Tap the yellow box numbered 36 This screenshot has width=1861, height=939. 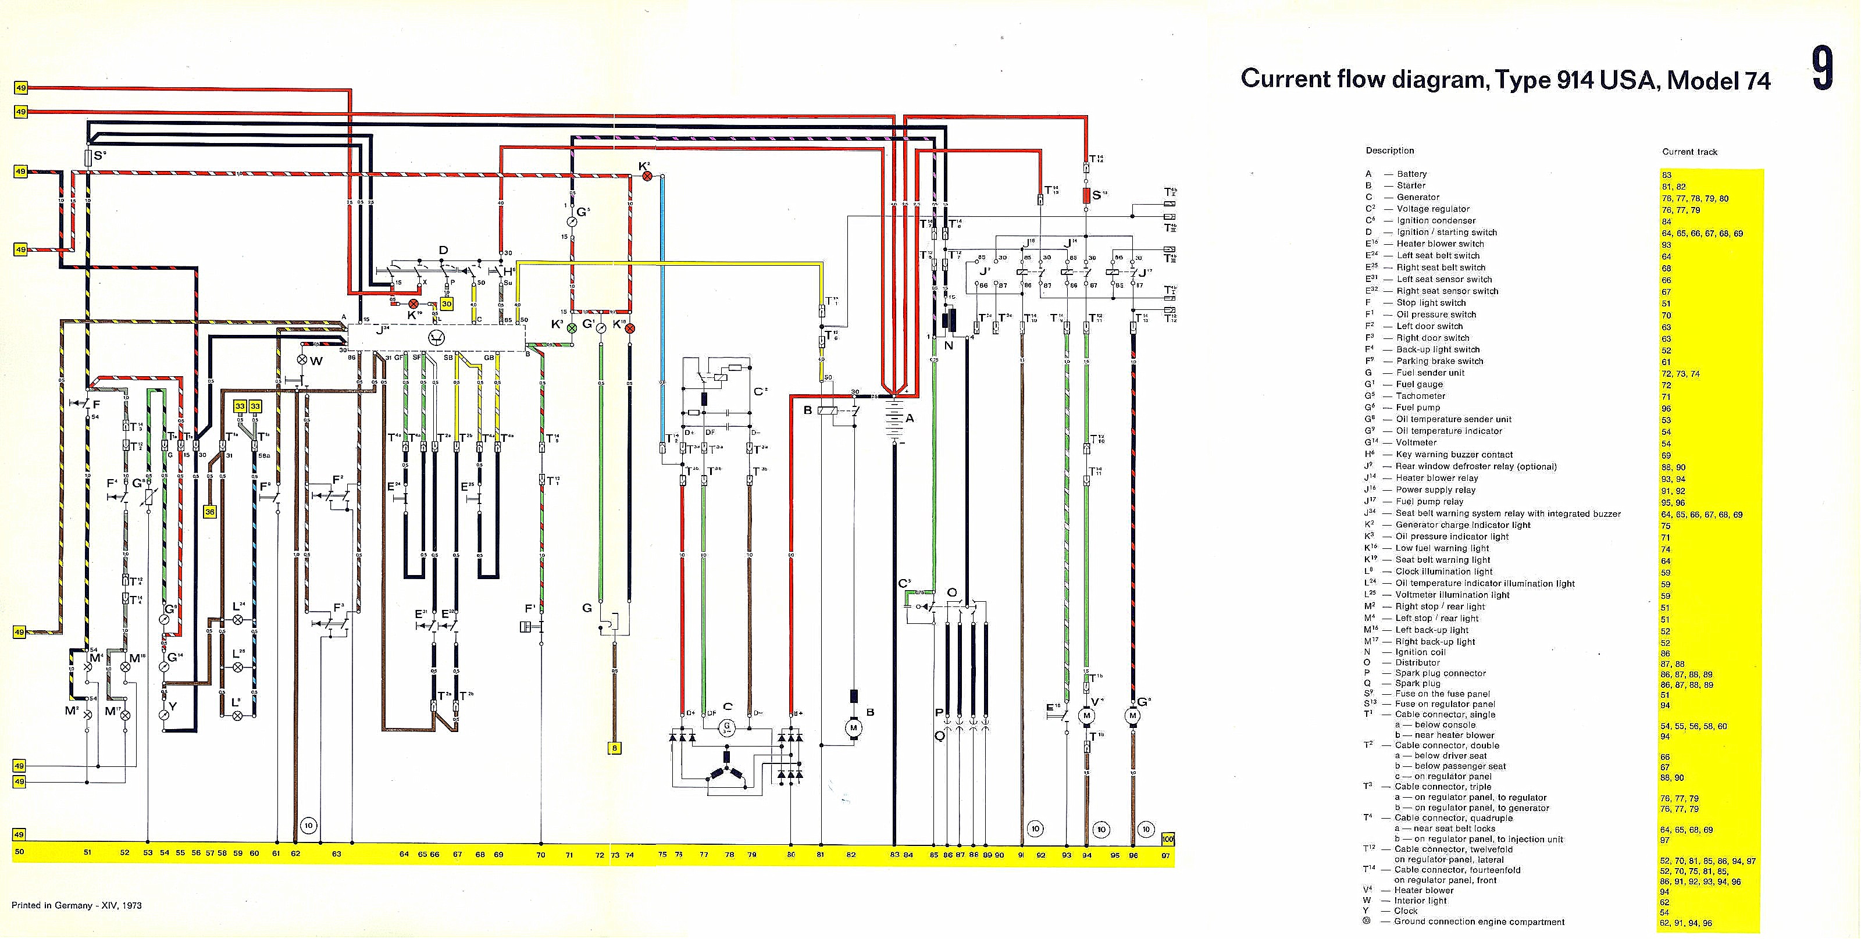[x=209, y=512]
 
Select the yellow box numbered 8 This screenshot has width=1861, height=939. [x=615, y=748]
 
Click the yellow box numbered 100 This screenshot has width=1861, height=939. [x=1168, y=840]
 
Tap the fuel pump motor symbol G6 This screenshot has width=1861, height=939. [x=1132, y=715]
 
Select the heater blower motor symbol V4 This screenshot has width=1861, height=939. [x=1086, y=715]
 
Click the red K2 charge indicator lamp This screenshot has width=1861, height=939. [x=647, y=176]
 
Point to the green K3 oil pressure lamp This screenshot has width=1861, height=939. [x=572, y=328]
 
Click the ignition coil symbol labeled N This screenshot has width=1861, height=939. [x=949, y=322]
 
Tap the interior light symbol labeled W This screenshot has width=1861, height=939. [x=302, y=360]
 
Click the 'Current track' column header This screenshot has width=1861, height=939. [x=1689, y=152]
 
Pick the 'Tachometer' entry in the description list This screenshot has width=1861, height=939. [x=1420, y=396]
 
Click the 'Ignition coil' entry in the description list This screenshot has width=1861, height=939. [x=1421, y=652]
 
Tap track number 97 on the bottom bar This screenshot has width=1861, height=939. [x=1165, y=855]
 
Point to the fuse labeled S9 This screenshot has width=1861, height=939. [x=88, y=158]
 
